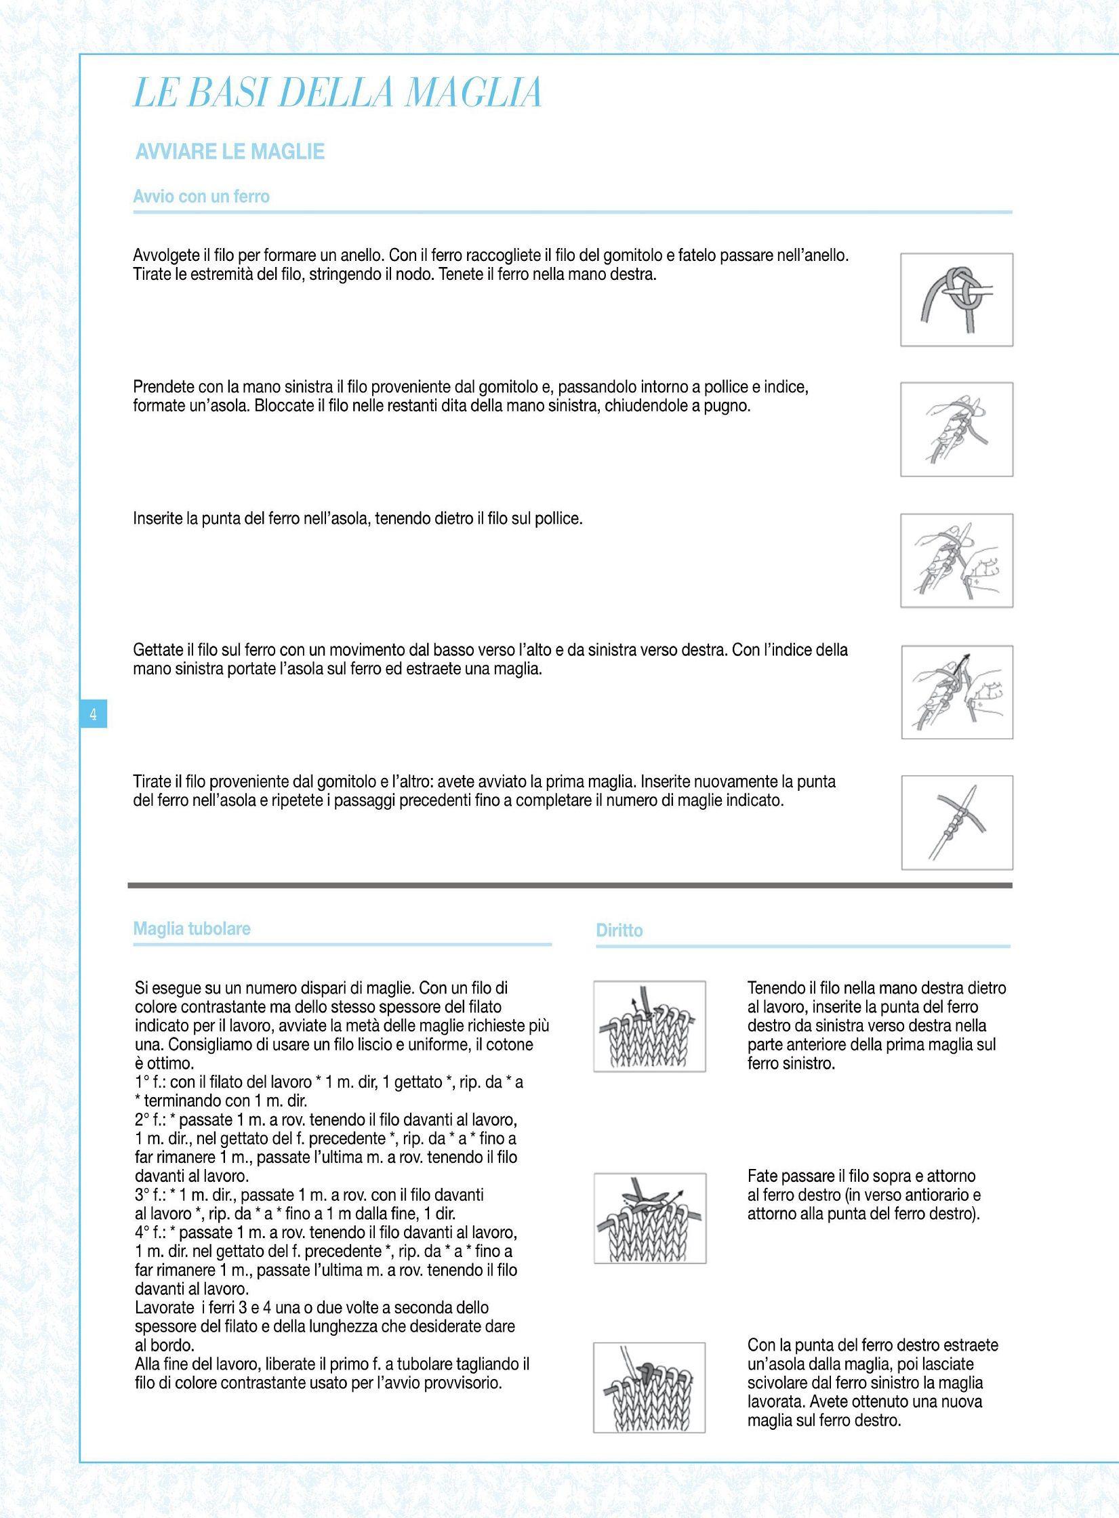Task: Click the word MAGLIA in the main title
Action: tap(474, 93)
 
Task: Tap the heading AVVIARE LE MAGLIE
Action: tap(230, 151)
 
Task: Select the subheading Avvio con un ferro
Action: tap(201, 197)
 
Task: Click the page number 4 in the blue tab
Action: tap(94, 714)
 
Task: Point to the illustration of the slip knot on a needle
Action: tap(956, 300)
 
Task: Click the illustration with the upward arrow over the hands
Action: tap(956, 692)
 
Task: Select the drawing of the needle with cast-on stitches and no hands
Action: tap(956, 822)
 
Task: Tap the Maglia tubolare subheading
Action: tap(192, 928)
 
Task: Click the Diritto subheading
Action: tap(619, 930)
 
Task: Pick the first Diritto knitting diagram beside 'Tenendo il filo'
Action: tap(649, 1026)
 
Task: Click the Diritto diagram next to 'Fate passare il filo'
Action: tap(649, 1218)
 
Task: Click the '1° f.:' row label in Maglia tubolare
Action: tap(150, 1082)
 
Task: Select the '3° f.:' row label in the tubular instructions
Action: tap(150, 1195)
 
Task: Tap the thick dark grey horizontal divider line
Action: tap(569, 885)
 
